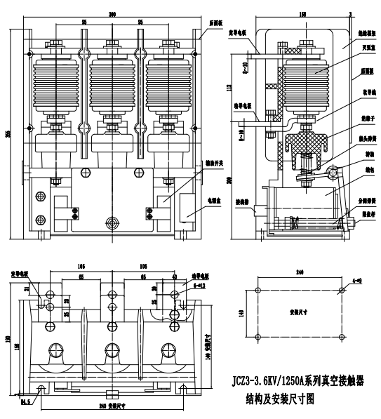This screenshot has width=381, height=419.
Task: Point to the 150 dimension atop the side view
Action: point(302,14)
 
